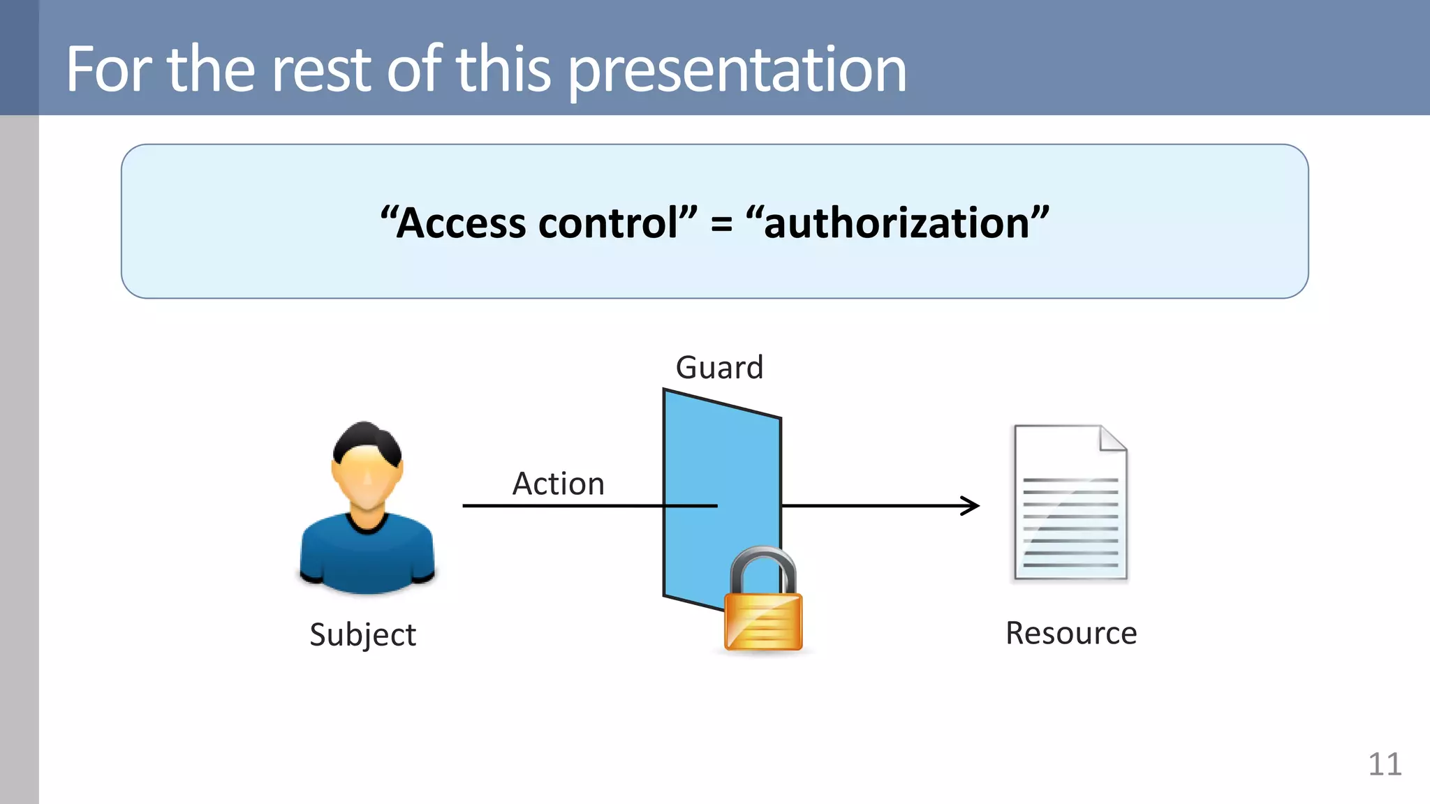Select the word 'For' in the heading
click(109, 70)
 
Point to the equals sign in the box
click(721, 225)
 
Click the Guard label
click(719, 368)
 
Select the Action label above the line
click(558, 484)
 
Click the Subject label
click(362, 634)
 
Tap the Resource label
click(1070, 633)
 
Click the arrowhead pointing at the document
click(972, 505)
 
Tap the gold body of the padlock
click(763, 620)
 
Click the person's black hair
click(367, 440)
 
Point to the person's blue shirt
click(367, 558)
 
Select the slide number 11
click(1384, 764)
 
